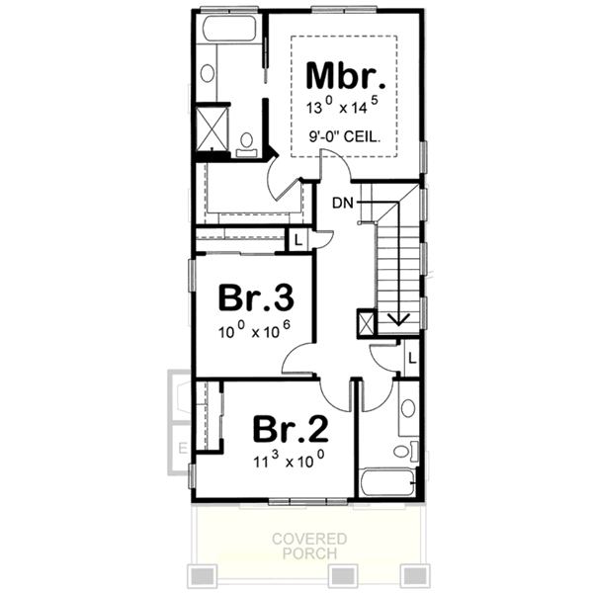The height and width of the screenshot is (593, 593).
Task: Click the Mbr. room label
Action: [345, 76]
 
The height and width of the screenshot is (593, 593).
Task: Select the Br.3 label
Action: [255, 298]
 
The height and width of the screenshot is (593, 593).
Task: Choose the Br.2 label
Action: [290, 428]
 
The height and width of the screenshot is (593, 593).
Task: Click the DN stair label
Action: [343, 203]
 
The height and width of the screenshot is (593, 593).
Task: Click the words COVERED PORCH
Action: [311, 546]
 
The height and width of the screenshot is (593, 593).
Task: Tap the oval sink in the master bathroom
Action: [208, 72]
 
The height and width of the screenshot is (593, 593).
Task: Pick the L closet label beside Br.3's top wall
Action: [296, 238]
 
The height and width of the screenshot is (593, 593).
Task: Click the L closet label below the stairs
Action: [409, 356]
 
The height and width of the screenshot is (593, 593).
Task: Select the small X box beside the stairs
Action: [367, 323]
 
